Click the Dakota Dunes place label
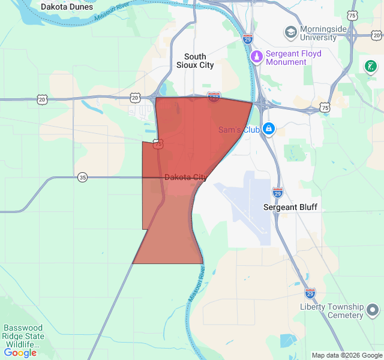click(x=67, y=7)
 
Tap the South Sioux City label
click(x=195, y=61)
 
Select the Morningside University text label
click(x=319, y=33)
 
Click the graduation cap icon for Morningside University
click(x=290, y=32)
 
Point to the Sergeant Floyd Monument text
click(x=293, y=58)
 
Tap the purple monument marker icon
click(x=257, y=57)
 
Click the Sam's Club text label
click(x=239, y=130)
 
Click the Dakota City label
click(x=185, y=178)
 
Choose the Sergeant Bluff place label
click(x=290, y=207)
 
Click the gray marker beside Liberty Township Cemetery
click(x=373, y=310)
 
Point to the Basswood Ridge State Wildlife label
click(x=23, y=336)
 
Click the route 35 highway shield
click(x=82, y=177)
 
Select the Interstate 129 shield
click(x=214, y=96)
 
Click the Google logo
click(x=20, y=353)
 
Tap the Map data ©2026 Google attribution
click(x=347, y=355)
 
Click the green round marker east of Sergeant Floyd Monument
click(x=371, y=65)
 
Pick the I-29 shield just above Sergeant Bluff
click(x=277, y=193)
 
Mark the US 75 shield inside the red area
click(x=157, y=144)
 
